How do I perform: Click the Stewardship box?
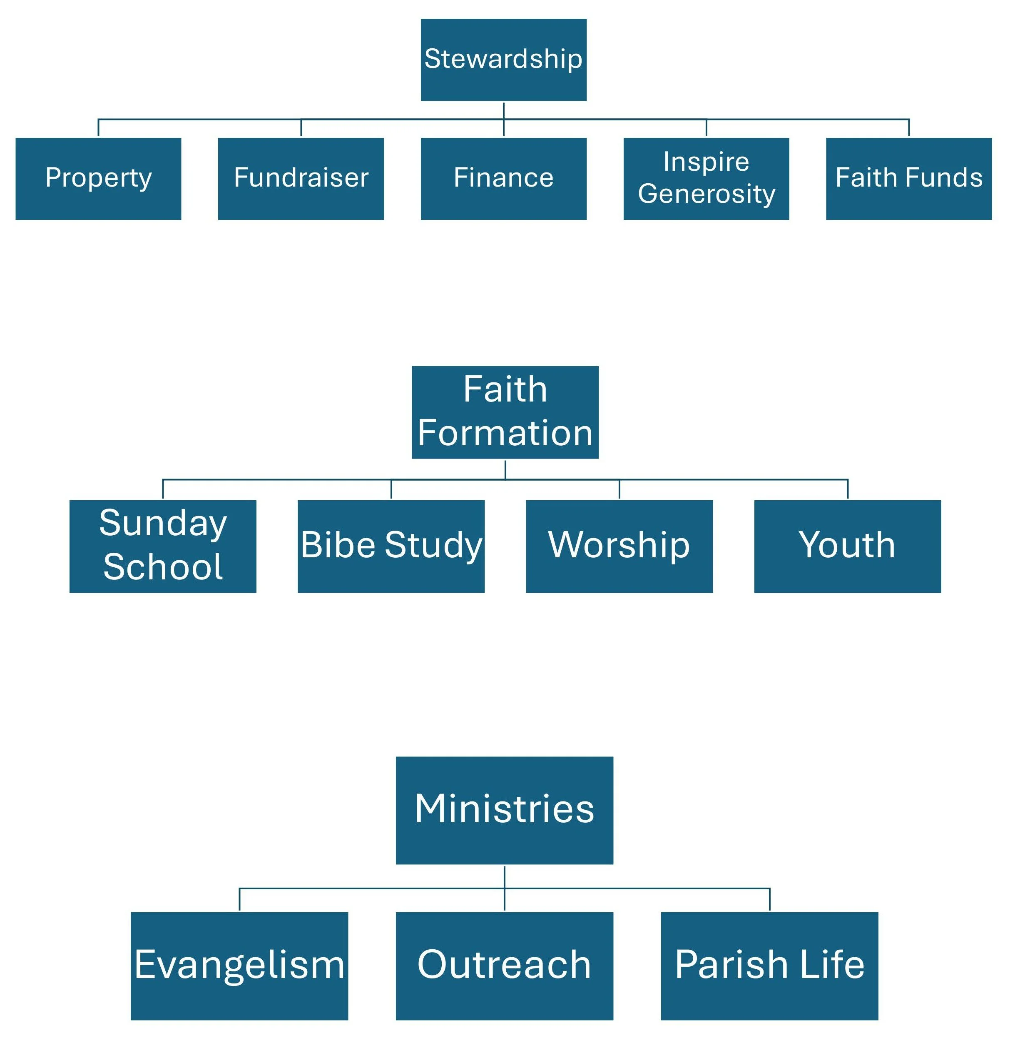click(503, 60)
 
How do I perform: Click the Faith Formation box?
click(505, 412)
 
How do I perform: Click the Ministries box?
click(504, 810)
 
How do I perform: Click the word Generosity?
click(706, 194)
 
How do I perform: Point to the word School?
click(163, 567)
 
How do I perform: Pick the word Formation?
click(505, 433)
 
